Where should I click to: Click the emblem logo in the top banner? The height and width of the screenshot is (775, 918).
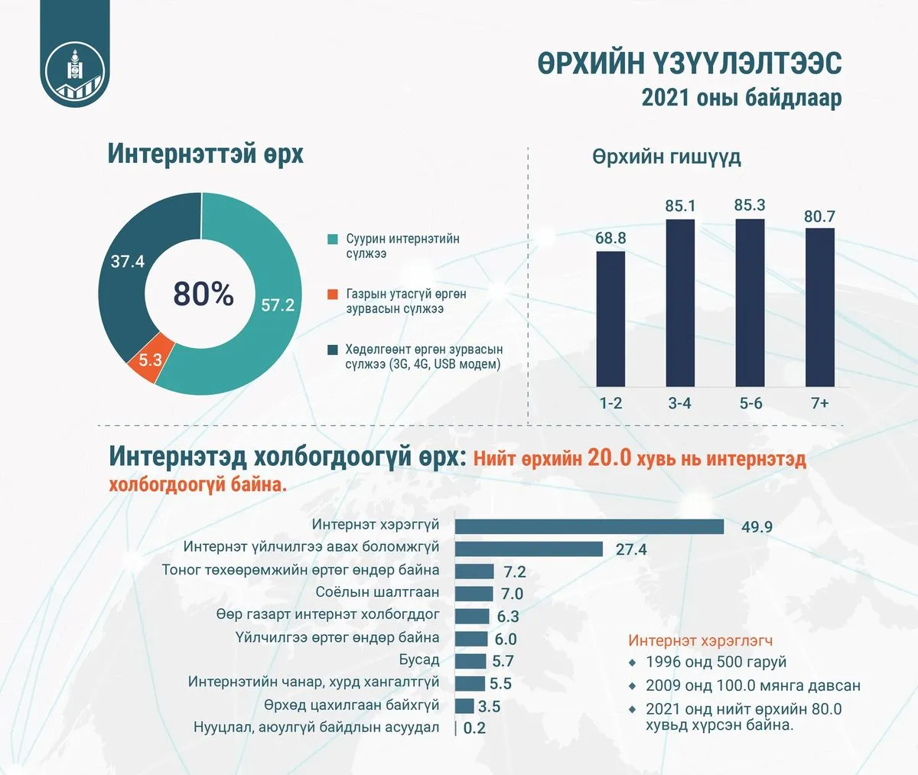pyautogui.click(x=75, y=71)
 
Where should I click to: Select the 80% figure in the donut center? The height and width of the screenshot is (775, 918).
pyautogui.click(x=203, y=294)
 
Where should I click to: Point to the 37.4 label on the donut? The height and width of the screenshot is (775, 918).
pyautogui.click(x=128, y=262)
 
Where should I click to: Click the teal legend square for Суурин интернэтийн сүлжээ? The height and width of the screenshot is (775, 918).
pyautogui.click(x=332, y=239)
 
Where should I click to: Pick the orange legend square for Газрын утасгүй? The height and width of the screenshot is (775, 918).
pyautogui.click(x=332, y=295)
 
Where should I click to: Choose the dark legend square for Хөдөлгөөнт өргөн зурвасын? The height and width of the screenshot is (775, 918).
pyautogui.click(x=332, y=350)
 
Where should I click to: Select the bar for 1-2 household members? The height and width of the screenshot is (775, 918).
pyautogui.click(x=610, y=319)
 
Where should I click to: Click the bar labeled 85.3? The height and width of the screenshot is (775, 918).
pyautogui.click(x=750, y=303)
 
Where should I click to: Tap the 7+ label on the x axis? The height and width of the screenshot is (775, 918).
pyautogui.click(x=819, y=403)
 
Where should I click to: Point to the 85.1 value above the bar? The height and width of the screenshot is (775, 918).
pyautogui.click(x=680, y=206)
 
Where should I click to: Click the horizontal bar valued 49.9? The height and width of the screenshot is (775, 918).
pyautogui.click(x=589, y=526)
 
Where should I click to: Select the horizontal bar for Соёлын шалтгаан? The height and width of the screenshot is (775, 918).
pyautogui.click(x=474, y=594)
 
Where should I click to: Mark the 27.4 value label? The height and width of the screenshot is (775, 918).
pyautogui.click(x=631, y=549)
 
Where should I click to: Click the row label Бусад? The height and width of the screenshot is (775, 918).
pyautogui.click(x=419, y=659)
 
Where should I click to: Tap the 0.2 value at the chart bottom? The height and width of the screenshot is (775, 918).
pyautogui.click(x=474, y=728)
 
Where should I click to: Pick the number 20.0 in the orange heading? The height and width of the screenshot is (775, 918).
pyautogui.click(x=610, y=458)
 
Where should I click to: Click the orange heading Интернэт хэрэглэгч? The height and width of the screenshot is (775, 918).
pyautogui.click(x=701, y=640)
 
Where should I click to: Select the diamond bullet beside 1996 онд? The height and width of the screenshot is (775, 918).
pyautogui.click(x=633, y=663)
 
